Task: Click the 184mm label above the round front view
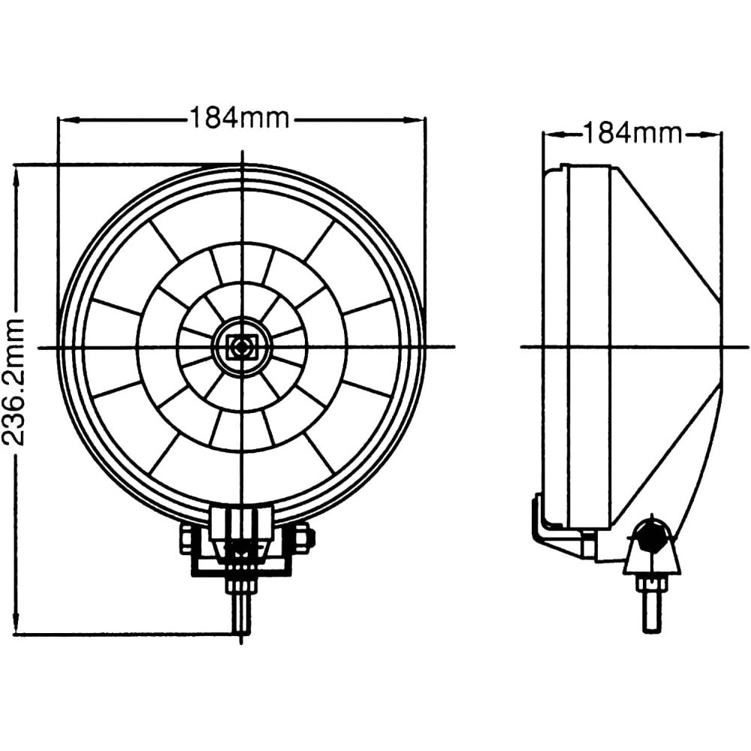coord(240,118)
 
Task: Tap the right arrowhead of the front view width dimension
coord(415,119)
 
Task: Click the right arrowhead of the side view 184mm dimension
coord(710,135)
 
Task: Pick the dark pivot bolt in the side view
coord(650,535)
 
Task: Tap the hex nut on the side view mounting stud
coord(650,584)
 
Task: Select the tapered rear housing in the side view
coord(666,345)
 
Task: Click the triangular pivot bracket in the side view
coord(650,550)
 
